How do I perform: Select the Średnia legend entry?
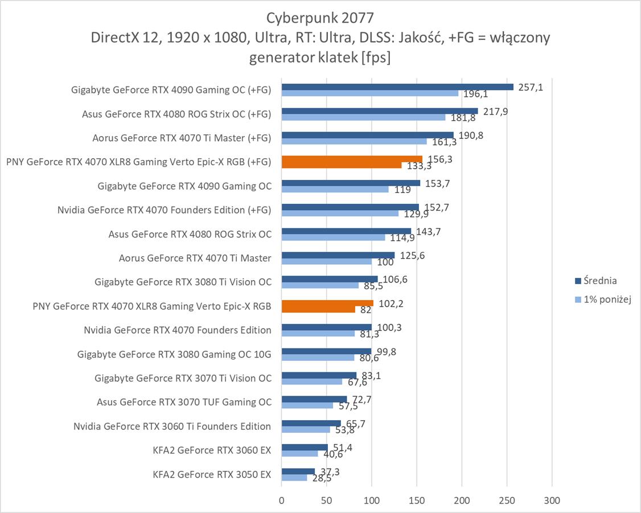[x=595, y=281]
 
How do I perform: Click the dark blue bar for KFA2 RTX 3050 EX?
[x=298, y=471]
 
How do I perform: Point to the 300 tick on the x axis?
[x=552, y=500]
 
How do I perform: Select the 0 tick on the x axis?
[x=281, y=500]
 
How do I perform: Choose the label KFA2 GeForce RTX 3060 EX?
[x=212, y=450]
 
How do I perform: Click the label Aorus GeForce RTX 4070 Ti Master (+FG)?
[x=182, y=137]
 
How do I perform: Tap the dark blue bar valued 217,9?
[x=379, y=111]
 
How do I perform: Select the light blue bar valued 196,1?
[x=369, y=93]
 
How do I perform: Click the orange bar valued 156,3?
[x=352, y=159]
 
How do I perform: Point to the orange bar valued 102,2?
[x=327, y=303]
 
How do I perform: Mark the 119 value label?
[x=402, y=189]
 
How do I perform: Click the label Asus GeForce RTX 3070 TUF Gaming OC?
[x=184, y=402]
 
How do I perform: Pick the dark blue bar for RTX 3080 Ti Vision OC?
[x=329, y=279]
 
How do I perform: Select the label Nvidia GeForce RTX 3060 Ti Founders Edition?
[x=172, y=426]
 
